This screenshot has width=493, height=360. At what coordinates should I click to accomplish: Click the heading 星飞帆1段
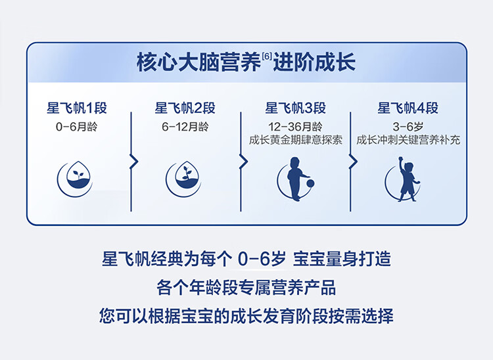pos(77,108)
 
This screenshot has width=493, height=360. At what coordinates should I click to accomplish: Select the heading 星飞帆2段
pos(185,108)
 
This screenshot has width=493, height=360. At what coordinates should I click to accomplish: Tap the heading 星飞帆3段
pos(296,108)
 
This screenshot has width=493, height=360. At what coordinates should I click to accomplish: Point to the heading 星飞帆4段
pos(408,108)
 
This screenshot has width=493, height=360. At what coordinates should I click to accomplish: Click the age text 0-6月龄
pos(77,127)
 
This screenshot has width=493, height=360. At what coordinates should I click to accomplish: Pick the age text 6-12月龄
pos(185,127)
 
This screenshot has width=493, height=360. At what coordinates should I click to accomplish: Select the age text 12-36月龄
pos(295,127)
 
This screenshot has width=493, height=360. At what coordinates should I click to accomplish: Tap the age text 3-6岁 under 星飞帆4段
pos(408,127)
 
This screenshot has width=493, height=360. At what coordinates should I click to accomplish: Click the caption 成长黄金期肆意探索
pos(296,140)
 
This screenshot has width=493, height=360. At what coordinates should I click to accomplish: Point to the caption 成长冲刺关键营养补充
pos(408,140)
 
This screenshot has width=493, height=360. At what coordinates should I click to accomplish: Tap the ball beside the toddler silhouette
pos(310,183)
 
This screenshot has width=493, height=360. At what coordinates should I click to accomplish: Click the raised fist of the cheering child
pos(400,158)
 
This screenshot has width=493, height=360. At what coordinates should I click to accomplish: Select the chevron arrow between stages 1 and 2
pos(134,162)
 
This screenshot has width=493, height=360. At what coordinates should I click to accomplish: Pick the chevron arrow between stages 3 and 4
pos(354,162)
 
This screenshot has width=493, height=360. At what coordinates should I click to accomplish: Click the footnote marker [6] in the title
pos(267,57)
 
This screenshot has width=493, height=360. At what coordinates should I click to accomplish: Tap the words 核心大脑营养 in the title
pos(199,62)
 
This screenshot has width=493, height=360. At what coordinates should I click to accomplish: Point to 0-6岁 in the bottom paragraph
pos(262,259)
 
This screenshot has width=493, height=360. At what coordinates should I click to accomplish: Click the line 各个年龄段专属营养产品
pos(246,288)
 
